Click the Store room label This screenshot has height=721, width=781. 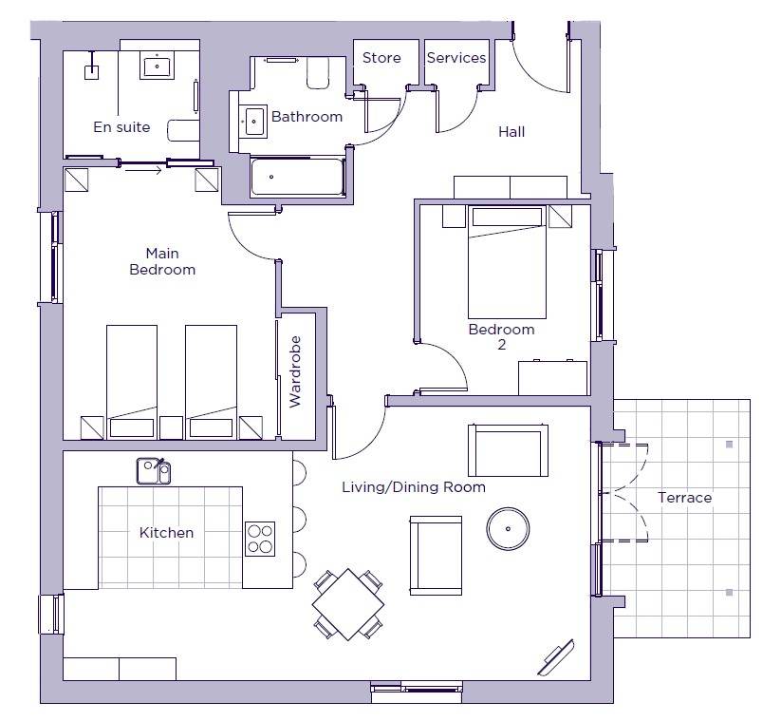381,58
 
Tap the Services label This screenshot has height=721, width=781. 456,58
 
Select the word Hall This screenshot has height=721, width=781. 511,132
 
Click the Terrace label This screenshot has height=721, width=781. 684,497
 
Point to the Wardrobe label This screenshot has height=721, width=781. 295,371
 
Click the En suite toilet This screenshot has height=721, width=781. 183,131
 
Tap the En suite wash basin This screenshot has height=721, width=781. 157,66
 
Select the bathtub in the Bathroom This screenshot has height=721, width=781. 297,177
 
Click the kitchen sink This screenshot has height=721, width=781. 154,471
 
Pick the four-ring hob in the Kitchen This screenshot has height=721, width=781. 260,539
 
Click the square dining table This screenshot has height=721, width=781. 348,604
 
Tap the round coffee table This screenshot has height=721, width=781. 508,528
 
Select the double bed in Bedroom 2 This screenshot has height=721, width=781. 507,262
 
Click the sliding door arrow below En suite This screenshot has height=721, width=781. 143,171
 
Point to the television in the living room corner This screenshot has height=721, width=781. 556,657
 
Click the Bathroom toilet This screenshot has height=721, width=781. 318,73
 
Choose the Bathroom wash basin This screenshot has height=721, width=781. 253,121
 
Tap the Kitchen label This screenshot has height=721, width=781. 166,533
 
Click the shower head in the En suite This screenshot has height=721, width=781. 92,72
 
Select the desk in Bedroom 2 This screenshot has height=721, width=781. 553,377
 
